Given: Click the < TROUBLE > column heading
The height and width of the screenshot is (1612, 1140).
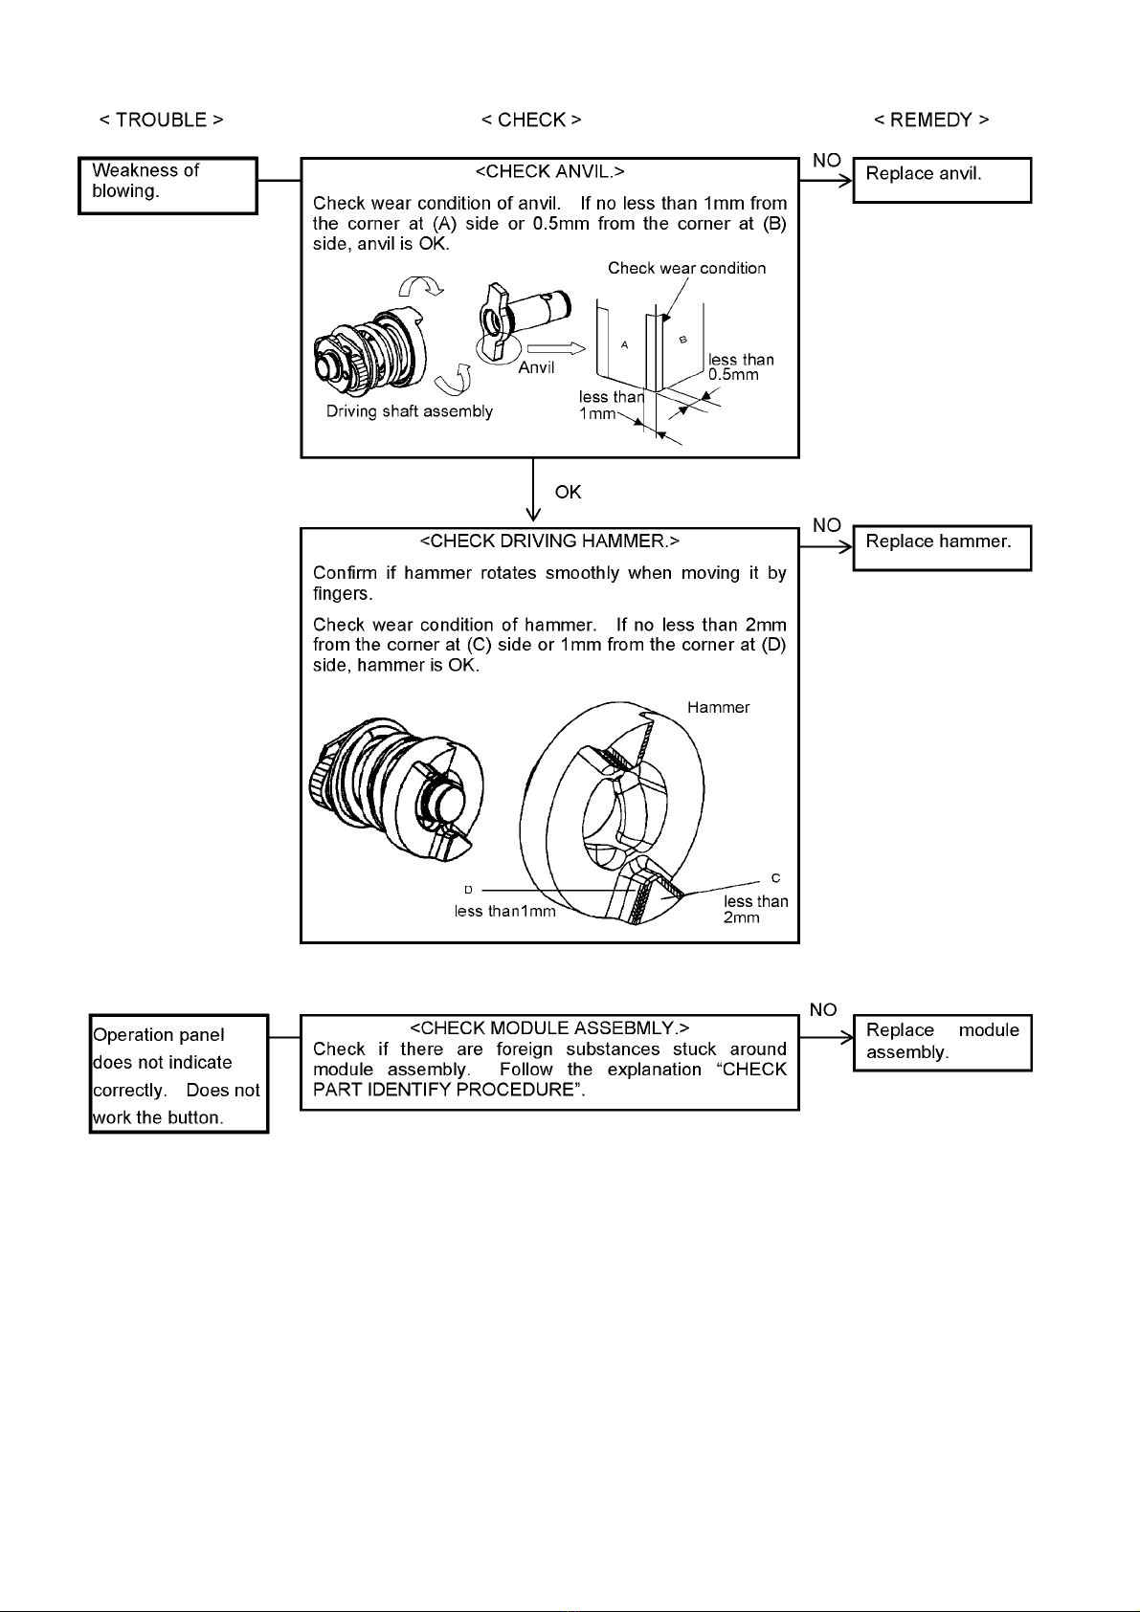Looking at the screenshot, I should click(161, 121).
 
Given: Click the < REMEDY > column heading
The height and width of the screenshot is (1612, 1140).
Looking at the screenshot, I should click(931, 121).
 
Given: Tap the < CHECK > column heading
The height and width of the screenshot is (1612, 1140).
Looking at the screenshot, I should click(531, 121).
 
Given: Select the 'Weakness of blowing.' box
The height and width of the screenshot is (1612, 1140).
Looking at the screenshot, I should click(168, 186).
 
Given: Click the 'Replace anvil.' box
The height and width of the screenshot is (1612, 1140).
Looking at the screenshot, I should click(942, 180).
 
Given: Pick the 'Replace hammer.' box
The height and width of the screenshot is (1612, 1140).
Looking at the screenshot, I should click(942, 547).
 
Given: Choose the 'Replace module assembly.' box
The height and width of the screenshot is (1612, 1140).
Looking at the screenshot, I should click(942, 1042).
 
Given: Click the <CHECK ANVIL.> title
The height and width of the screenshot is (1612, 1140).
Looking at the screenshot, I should click(549, 172).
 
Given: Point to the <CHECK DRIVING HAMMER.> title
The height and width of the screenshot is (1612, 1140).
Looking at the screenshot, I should click(549, 541).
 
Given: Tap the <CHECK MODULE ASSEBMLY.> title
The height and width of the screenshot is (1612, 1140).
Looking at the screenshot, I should click(549, 1028).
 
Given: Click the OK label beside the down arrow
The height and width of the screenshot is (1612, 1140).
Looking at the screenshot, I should click(568, 493).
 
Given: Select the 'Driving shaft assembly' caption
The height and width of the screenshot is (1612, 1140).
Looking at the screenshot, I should click(410, 412).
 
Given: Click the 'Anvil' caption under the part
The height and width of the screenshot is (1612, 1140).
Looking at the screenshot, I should click(536, 368).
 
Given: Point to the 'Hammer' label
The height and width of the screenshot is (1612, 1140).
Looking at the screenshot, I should click(718, 708).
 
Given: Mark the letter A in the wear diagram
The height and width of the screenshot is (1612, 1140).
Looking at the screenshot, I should click(624, 344).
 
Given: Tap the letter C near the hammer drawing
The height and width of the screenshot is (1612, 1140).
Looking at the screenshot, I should click(775, 878).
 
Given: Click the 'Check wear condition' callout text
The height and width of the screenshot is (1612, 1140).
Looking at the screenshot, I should click(686, 269).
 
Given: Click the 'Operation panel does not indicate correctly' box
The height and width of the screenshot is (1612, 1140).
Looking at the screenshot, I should click(178, 1074).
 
